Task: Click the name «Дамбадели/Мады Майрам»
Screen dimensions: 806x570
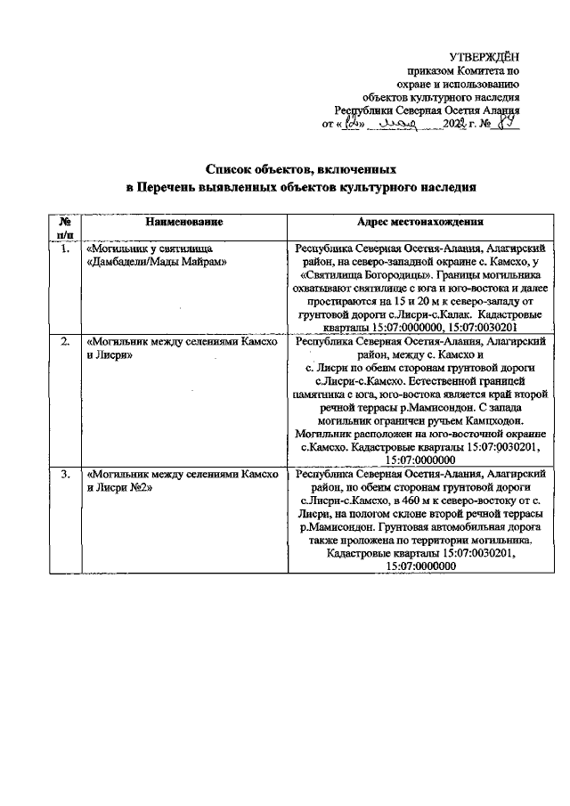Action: pyautogui.click(x=157, y=263)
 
